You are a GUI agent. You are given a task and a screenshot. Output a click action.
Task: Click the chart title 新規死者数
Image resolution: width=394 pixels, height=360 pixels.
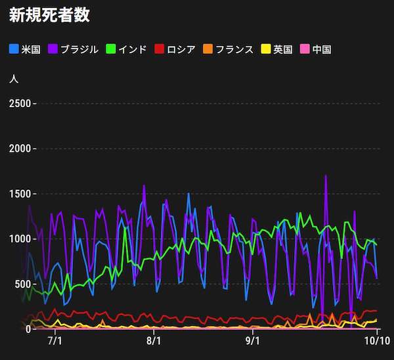49,15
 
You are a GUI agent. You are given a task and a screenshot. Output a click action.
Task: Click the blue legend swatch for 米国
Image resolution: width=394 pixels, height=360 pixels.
14,49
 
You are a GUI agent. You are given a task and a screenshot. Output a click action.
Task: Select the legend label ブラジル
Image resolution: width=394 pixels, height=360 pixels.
79,49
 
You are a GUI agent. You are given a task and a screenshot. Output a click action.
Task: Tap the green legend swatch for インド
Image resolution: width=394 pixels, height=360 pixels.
110,49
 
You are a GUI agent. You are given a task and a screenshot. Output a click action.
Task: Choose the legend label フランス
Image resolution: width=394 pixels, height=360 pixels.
234,49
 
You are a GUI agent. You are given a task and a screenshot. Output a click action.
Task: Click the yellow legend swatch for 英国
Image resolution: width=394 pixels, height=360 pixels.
266,49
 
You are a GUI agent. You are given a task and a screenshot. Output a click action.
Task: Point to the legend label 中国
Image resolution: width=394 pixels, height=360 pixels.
322,49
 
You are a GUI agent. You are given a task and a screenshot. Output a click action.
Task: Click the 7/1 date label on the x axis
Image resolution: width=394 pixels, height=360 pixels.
55,342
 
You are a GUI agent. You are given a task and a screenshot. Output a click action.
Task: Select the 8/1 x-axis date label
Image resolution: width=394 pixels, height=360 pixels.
154,342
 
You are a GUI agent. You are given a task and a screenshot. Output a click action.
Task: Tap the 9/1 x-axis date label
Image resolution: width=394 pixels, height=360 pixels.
252,342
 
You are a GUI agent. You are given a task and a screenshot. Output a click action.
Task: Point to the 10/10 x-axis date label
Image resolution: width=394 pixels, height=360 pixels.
376,342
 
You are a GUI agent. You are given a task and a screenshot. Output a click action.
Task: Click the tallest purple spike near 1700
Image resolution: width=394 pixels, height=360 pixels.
326,176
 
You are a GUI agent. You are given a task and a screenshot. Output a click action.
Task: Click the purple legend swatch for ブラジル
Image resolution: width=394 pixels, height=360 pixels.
53,49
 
